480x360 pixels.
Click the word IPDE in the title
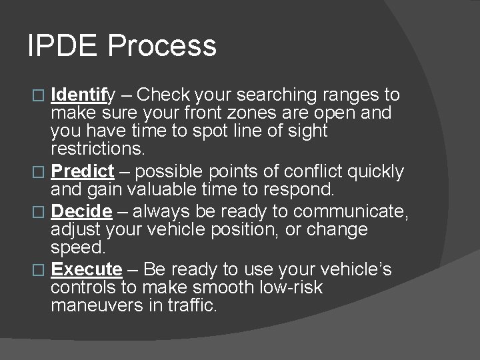coord(62,46)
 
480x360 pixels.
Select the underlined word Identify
coord(83,95)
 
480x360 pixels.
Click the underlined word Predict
coord(82,171)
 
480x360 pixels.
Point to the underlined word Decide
coord(81,211)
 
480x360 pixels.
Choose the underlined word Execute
coord(87,269)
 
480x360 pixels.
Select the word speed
coord(77,247)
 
